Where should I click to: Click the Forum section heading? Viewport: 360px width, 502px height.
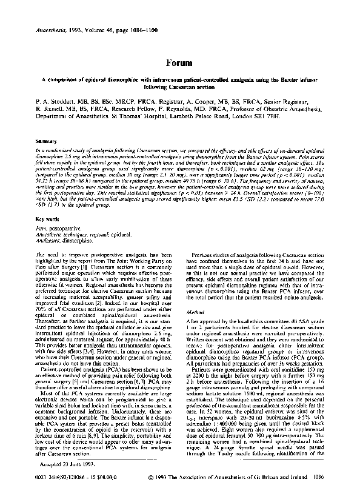[179, 62]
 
